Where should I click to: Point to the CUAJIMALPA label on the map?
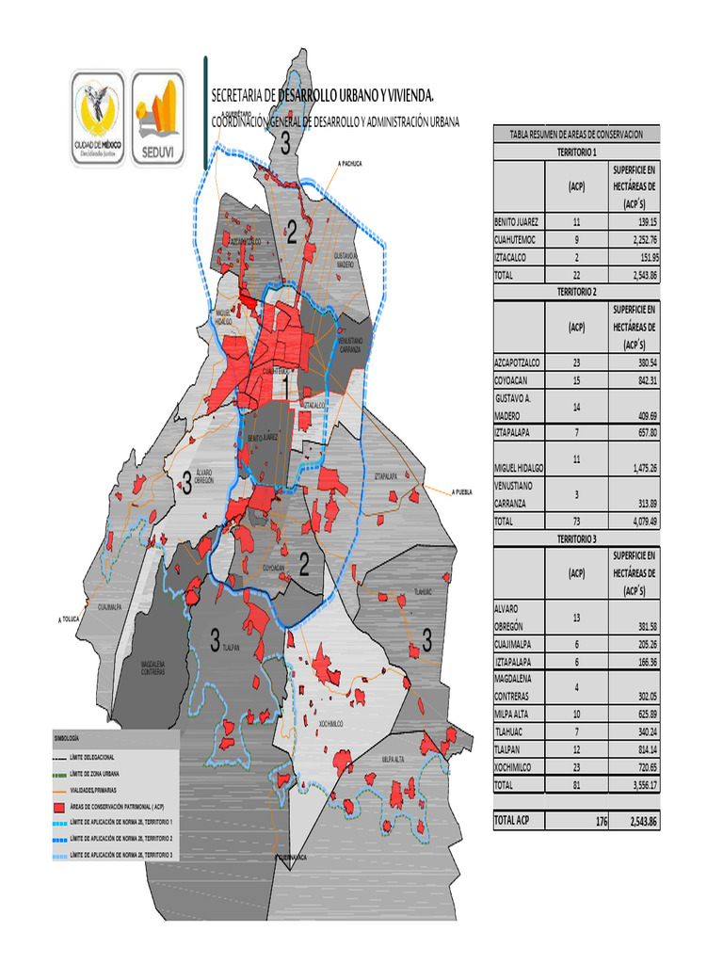(x=110, y=608)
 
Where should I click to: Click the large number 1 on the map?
(x=284, y=387)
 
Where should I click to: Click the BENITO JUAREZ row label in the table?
(x=517, y=222)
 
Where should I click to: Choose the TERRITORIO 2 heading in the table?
(x=576, y=292)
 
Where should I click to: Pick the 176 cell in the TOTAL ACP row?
(x=601, y=821)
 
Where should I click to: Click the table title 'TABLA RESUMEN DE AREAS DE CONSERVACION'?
(x=576, y=134)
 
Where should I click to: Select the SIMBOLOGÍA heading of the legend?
(x=67, y=740)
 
